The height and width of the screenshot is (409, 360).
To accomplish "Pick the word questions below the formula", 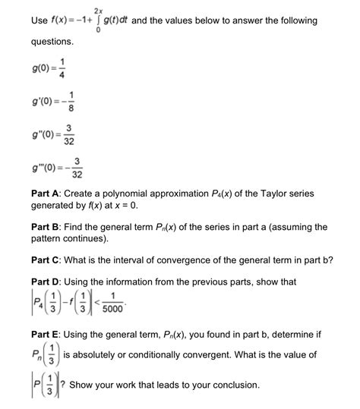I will pos(52,41).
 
